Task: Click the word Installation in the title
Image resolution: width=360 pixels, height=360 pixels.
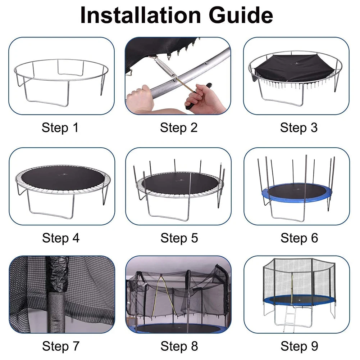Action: (141, 15)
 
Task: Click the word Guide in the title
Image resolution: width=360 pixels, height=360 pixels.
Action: (241, 15)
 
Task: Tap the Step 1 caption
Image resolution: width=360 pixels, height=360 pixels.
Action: (60, 128)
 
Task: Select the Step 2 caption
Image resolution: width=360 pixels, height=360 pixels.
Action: (179, 128)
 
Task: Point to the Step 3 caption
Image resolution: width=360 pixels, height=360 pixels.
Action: (299, 128)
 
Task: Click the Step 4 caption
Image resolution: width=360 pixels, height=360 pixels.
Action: (61, 238)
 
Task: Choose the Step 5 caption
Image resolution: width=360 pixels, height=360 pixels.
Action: (179, 238)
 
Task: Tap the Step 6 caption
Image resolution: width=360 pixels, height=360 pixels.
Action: (299, 238)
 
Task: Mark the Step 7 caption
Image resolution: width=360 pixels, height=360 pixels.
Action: (61, 346)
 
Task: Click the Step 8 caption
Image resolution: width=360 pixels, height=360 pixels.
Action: (179, 346)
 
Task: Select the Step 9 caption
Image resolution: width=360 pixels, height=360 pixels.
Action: (299, 346)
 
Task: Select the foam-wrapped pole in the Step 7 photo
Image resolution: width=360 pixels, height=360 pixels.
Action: (58, 294)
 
